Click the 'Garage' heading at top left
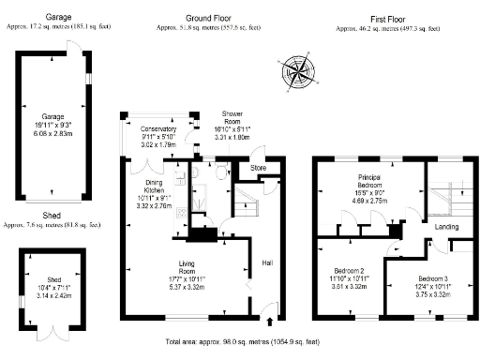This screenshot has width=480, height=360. coord(59,18)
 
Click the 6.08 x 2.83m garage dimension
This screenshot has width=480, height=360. coord(52,133)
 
